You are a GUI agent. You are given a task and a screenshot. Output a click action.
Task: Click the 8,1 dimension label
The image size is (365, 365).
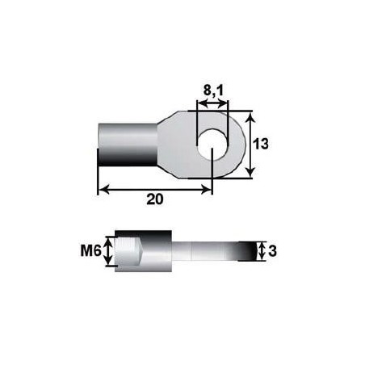click(x=212, y=91)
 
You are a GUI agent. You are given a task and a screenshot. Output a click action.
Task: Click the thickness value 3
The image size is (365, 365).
click(x=273, y=252)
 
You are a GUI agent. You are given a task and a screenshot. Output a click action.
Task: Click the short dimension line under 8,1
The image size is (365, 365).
click(x=212, y=103)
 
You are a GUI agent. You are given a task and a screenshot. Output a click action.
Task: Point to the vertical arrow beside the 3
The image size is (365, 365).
click(x=261, y=251)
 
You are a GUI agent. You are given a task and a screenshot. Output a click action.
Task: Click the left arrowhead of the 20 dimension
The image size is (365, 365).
click(x=102, y=189)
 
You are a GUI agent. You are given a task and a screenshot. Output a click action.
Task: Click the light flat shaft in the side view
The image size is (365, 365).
click(x=202, y=251)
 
